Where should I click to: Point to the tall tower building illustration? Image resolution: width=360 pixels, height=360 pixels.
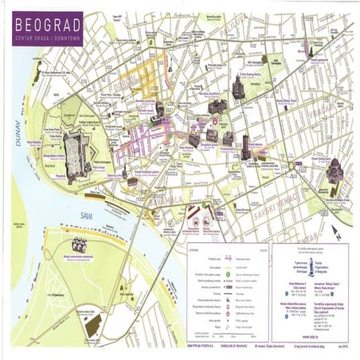click(245, 148)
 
